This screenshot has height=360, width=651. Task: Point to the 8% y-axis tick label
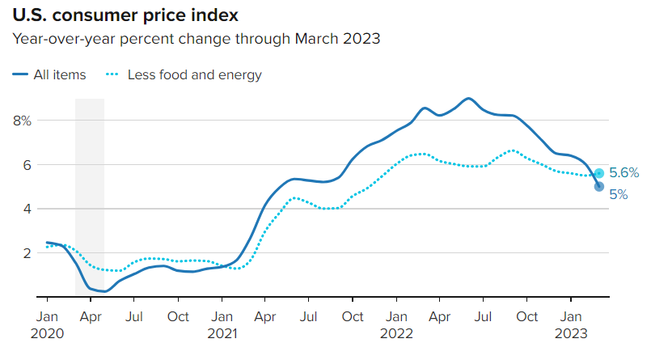click(22, 121)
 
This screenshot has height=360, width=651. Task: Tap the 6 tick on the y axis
click(26, 165)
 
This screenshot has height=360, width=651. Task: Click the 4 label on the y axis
click(26, 209)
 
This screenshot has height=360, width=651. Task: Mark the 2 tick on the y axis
click(26, 253)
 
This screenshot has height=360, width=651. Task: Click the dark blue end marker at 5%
click(598, 187)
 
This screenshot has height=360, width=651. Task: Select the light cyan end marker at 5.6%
click(598, 173)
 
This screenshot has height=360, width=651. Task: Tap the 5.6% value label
click(624, 172)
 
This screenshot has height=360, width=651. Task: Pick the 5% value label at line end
click(618, 194)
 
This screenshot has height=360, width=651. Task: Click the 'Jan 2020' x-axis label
click(47, 323)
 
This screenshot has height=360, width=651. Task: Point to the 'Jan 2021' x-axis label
click(222, 323)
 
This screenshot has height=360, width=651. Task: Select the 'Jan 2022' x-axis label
click(396, 323)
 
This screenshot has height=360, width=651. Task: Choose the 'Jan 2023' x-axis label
click(571, 323)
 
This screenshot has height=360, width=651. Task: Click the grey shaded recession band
click(90, 194)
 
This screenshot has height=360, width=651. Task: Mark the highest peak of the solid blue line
click(468, 98)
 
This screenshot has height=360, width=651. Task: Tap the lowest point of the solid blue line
click(103, 291)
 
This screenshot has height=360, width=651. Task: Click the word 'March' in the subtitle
click(317, 39)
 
